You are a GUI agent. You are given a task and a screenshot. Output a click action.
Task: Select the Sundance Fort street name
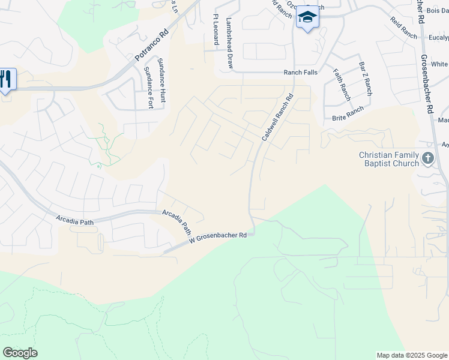pos(148,88)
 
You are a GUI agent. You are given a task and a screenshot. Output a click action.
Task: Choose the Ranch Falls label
pos(301,72)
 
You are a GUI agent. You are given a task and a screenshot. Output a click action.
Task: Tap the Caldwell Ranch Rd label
pos(277,118)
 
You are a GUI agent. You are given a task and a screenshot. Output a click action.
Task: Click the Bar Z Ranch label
pos(365,78)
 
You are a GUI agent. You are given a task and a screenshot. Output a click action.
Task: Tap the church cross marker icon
pos(428,159)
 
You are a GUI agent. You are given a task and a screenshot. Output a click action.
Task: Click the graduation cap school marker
pos(307,17)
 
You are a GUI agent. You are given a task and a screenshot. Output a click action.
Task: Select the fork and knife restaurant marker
pos(6,79)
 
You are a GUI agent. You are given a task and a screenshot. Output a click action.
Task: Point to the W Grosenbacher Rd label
pos(218,237)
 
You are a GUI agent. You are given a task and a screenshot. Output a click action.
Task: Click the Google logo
pos(20,353)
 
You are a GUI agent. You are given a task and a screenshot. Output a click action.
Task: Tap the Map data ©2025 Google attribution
pos(411,355)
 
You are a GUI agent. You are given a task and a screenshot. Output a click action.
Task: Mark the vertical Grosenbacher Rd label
pos(425,77)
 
